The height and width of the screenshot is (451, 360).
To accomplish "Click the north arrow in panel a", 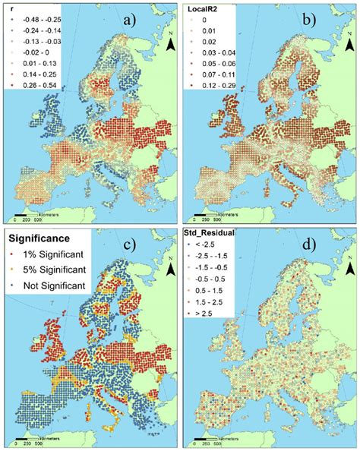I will click(x=170, y=45).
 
